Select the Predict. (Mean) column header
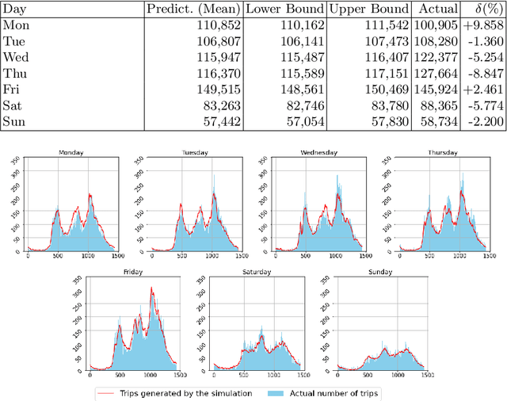(x=193, y=9)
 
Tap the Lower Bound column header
(x=283, y=9)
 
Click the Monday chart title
(x=71, y=153)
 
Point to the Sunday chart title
(x=380, y=272)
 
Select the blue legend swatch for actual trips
(x=274, y=393)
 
